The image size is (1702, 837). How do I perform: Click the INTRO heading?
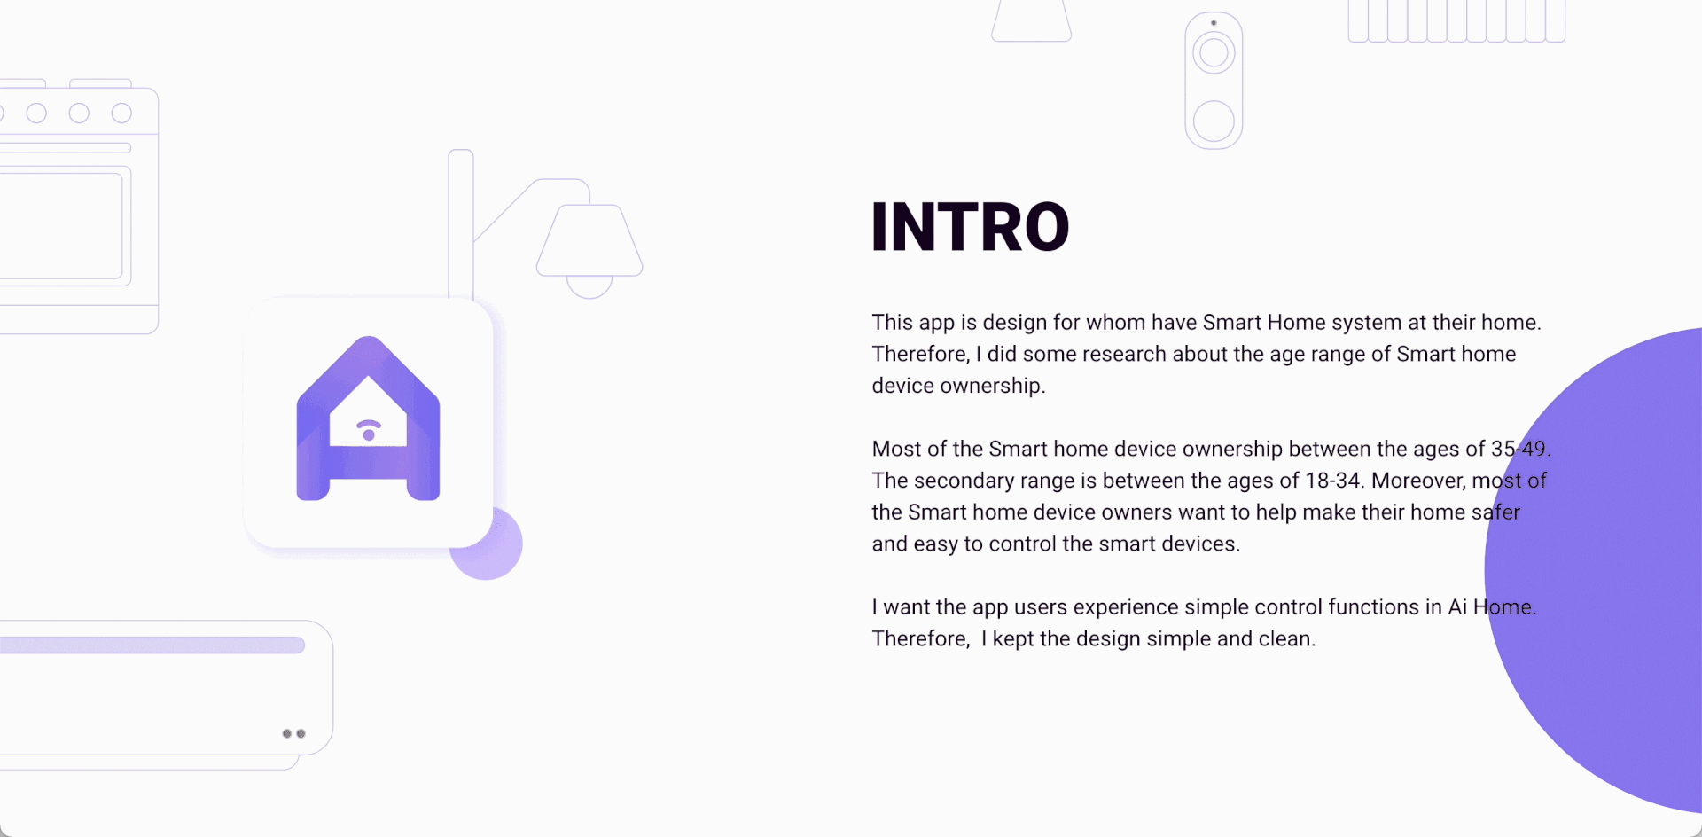point(971,227)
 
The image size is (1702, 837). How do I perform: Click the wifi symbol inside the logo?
point(369,430)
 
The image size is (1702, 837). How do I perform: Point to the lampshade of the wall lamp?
point(589,240)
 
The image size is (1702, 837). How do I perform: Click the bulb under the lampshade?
point(589,287)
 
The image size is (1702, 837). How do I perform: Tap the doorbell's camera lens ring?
point(1214,53)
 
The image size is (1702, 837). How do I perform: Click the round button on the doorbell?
point(1214,121)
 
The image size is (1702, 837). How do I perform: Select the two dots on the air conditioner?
point(293,733)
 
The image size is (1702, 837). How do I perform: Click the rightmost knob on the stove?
point(121,113)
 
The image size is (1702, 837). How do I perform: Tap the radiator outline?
point(1456,21)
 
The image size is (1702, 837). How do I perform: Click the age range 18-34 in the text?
point(1332,481)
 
